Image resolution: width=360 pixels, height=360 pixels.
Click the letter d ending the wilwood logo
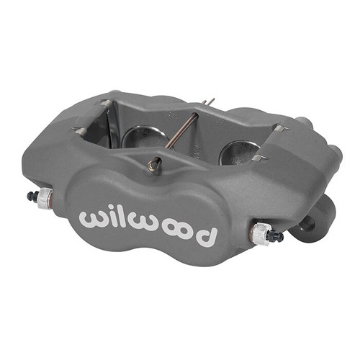pos(207,233)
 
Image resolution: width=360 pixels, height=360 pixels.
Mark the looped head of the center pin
pos(153,166)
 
